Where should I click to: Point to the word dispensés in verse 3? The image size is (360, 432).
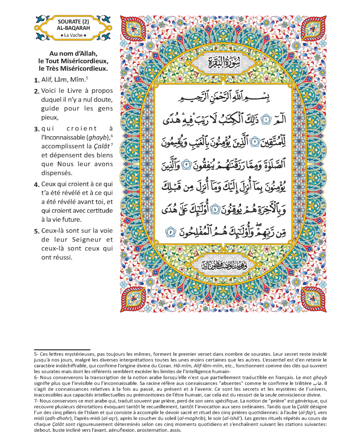57,172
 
